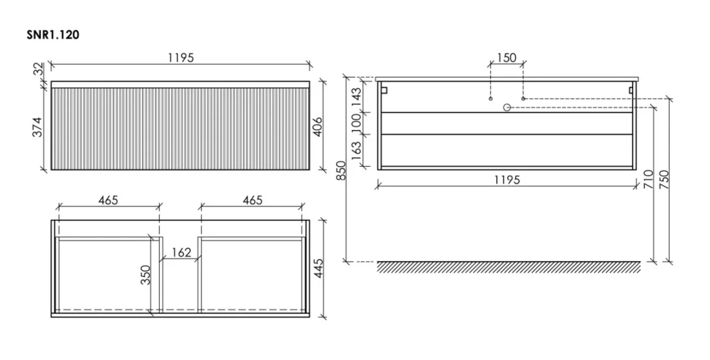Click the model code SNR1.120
point(53,35)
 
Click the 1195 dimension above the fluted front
point(181,58)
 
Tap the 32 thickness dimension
point(39,70)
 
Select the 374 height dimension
point(38,127)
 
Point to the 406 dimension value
point(318,127)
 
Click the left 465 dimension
point(108,200)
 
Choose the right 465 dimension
point(253,200)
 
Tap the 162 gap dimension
point(182,252)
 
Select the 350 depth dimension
point(146,275)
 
